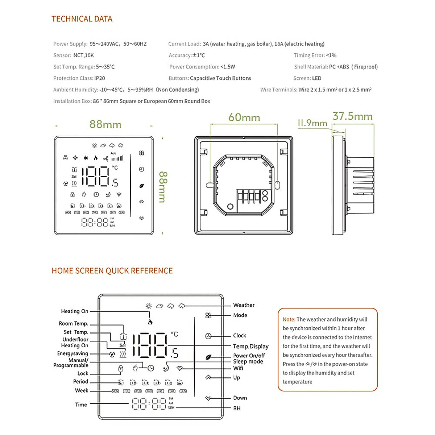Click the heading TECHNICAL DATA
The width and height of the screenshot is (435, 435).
82,19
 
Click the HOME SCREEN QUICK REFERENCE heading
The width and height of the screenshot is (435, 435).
112,271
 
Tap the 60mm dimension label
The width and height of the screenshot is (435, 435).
244,118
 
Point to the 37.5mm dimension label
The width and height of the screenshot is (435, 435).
352,116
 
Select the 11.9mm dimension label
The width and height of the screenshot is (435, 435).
312,123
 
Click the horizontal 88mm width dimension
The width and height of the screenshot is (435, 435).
105,124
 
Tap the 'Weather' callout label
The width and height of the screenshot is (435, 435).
244,305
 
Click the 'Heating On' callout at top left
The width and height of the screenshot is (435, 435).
74,311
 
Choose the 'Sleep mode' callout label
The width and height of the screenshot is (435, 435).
248,361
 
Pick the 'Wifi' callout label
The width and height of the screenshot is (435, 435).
238,368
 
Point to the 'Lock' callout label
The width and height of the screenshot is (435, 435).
83,373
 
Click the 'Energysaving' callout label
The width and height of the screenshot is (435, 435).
72,353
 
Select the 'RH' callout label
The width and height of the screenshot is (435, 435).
237,408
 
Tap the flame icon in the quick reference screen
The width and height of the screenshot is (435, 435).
150,322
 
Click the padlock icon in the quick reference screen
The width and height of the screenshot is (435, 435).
121,369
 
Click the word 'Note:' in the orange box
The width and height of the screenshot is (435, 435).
289,319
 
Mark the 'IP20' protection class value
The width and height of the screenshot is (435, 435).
100,78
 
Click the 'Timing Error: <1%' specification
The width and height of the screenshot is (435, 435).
315,55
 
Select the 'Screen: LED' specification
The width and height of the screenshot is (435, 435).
307,78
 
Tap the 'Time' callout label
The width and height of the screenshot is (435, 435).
81,405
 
